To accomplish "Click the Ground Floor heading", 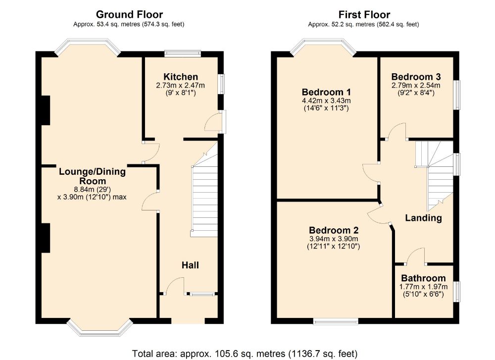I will point(129,15).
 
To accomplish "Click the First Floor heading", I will point(364,15).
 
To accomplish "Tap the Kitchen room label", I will point(181,77).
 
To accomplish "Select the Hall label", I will point(190,265).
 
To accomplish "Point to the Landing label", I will point(423,218).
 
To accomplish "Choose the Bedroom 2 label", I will point(334,230).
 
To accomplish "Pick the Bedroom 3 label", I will point(416,77).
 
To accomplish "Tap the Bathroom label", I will point(423,278).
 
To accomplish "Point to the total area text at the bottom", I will point(245,354).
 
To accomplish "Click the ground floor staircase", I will point(204,198).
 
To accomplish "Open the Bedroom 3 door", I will point(397,131).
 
